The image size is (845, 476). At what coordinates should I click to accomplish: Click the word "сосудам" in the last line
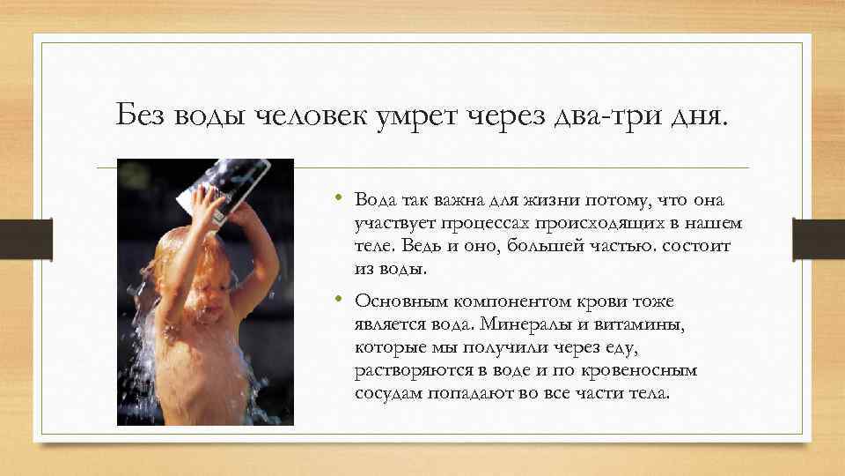point(389,392)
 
